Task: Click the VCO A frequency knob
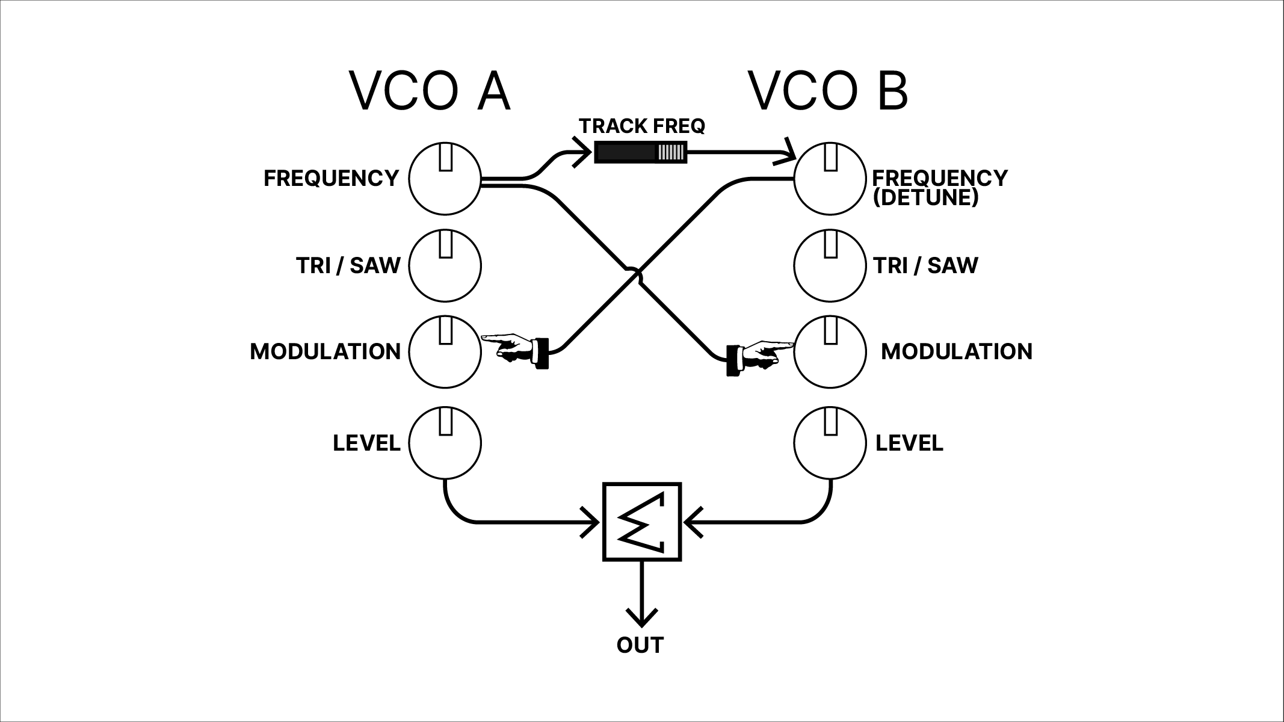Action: pos(445,179)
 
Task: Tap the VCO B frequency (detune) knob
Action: pos(830,179)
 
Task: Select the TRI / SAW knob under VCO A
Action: pos(445,265)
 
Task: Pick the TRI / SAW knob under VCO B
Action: pos(830,265)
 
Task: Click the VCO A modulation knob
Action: pos(445,352)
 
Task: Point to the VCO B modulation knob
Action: pos(830,352)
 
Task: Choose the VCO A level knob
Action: pos(445,443)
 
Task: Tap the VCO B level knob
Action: pos(830,443)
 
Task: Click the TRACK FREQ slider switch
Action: pos(640,152)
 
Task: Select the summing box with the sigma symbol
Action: pos(642,522)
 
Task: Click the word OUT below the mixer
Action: pos(640,645)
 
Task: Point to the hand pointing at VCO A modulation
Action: pos(515,348)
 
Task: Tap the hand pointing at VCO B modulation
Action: pos(761,355)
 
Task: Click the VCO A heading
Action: pos(430,91)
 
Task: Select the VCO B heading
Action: pos(828,91)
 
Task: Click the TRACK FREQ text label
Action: pos(641,126)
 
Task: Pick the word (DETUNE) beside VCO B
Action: pos(925,197)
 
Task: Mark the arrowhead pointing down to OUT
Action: pos(642,617)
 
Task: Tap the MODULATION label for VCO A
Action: pos(325,351)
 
